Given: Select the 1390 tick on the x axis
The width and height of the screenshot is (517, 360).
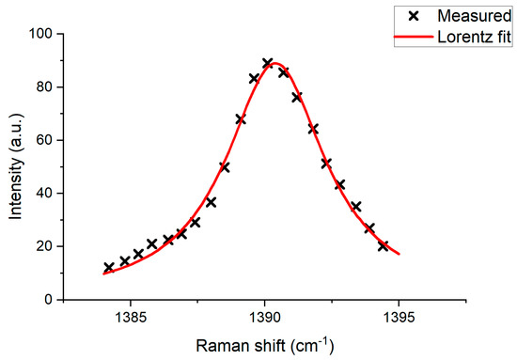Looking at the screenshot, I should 264,317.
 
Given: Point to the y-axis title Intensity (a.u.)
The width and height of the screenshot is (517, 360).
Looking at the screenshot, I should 18,166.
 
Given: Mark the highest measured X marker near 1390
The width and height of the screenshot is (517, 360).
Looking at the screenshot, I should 268,63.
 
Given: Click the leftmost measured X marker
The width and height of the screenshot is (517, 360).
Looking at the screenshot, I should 109,268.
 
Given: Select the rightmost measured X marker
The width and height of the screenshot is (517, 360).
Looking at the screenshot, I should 384,246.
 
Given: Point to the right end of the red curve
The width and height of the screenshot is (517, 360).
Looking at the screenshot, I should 399,254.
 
